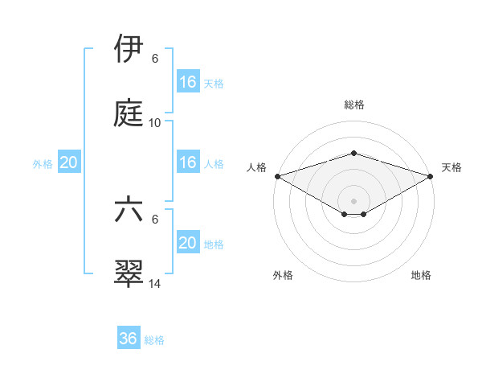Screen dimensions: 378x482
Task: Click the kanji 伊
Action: pos(129,49)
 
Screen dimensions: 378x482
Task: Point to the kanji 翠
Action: pos(129,273)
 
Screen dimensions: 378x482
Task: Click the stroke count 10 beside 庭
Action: pos(155,122)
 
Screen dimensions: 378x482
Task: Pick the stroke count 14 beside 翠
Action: pos(155,283)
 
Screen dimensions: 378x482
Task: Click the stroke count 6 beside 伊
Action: pos(155,59)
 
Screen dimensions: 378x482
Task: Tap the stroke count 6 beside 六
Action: pos(155,219)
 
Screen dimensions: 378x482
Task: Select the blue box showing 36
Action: pos(129,339)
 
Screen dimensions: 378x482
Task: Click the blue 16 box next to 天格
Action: pos(188,82)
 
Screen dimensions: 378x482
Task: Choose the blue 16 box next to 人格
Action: pos(188,162)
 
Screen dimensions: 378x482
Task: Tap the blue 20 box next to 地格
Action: pos(188,243)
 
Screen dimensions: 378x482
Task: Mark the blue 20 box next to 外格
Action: pos(69,162)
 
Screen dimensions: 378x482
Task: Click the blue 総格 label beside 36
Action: pos(154,339)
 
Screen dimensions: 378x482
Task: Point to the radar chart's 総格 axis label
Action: pos(353,105)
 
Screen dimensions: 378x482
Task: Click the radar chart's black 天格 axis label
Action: pos(451,167)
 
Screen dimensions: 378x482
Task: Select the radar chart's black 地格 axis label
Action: pos(421,275)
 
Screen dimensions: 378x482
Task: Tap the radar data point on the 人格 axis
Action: pos(277,175)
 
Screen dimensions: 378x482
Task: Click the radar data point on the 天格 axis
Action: pos(430,175)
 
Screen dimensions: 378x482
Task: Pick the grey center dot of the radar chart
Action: pos(353,199)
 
